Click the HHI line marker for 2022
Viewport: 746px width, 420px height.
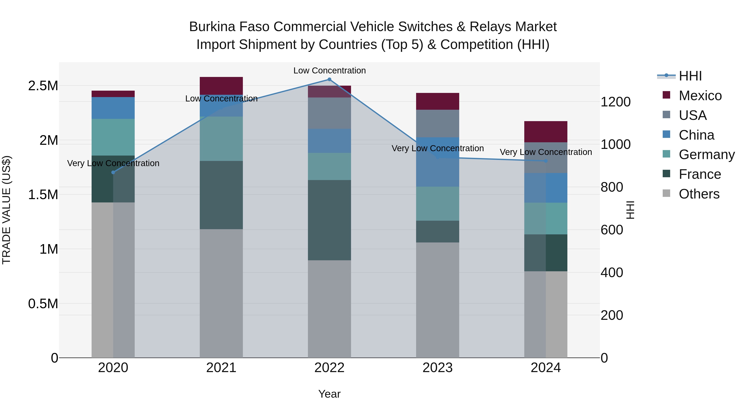[329, 79]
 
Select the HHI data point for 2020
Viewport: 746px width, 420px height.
[113, 173]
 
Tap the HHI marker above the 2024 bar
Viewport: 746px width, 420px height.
[546, 161]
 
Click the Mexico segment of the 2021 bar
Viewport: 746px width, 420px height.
[221, 86]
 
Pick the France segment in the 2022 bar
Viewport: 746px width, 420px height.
[329, 220]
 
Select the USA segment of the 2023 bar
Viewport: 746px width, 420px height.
[438, 123]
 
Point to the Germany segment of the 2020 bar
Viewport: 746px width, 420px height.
[113, 137]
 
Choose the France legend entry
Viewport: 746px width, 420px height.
[699, 174]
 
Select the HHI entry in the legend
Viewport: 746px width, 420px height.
[690, 76]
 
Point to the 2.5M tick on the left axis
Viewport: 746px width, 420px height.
[43, 86]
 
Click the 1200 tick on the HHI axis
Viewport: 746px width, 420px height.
[615, 102]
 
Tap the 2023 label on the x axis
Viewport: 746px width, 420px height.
[438, 368]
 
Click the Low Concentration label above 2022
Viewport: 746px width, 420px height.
[329, 71]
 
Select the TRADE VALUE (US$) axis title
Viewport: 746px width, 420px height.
[6, 210]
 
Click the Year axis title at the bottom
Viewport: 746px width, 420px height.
[329, 394]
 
